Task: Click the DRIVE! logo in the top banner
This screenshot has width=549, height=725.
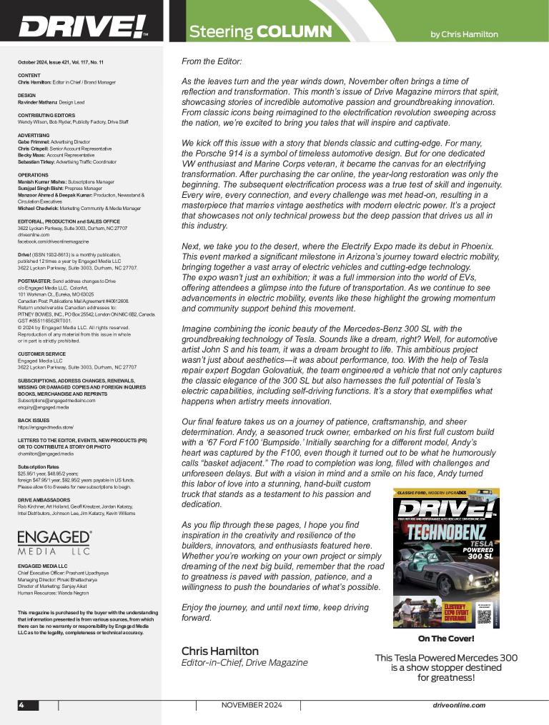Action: [x=82, y=27]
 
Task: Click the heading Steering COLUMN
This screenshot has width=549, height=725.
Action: [x=260, y=32]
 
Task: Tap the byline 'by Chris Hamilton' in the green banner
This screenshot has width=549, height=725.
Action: [x=464, y=34]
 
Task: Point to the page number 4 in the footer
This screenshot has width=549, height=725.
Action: [x=22, y=705]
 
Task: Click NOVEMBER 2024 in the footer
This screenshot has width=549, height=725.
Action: [x=252, y=705]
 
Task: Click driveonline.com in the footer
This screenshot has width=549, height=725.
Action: [x=459, y=705]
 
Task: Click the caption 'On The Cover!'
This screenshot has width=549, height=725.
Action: [x=446, y=639]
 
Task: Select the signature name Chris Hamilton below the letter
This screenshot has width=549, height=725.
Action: [x=219, y=651]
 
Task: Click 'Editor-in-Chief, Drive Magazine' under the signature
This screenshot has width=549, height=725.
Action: [x=244, y=663]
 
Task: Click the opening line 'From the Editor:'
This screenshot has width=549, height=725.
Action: [x=212, y=62]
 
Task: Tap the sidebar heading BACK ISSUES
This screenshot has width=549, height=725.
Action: [x=31, y=421]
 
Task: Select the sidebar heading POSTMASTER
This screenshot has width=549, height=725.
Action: [x=34, y=281]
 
